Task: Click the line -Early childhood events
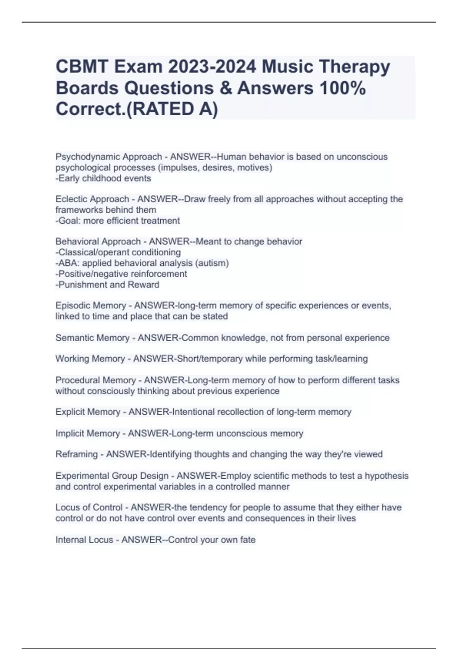coord(103,178)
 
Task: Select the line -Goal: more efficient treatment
coord(118,221)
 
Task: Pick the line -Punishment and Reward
coord(107,284)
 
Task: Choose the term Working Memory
coord(90,359)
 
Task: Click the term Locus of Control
coord(89,507)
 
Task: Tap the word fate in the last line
coord(248,540)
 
